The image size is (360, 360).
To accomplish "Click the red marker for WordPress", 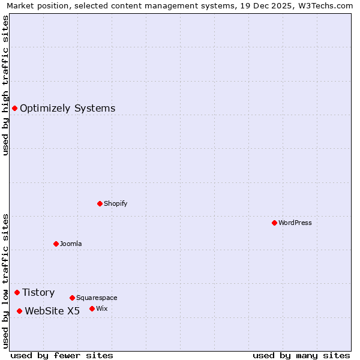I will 274,223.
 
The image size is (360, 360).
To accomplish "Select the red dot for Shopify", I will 100,203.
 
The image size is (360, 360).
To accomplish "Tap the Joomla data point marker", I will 56,244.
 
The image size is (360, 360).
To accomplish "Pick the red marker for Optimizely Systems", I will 14,108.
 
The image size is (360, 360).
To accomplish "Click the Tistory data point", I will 17,292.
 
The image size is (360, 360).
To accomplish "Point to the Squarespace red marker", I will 72,298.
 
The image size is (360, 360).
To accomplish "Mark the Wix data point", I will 92,308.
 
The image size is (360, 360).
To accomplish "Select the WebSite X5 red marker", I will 19,311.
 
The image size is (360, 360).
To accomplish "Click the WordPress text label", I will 295,223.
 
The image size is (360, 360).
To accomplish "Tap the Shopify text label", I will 115,203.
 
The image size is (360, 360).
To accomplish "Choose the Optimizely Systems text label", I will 67,108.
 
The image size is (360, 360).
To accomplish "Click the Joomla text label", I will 71,244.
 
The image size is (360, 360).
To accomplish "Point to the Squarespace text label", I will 97,298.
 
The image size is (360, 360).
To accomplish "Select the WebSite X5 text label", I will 52,311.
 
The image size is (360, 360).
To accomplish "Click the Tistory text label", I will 38,292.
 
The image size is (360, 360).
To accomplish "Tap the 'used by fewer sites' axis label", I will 62,355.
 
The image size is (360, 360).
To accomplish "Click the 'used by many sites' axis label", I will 301,355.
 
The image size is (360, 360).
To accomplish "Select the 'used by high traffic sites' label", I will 5,85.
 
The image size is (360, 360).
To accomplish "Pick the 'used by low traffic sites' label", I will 5,280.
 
